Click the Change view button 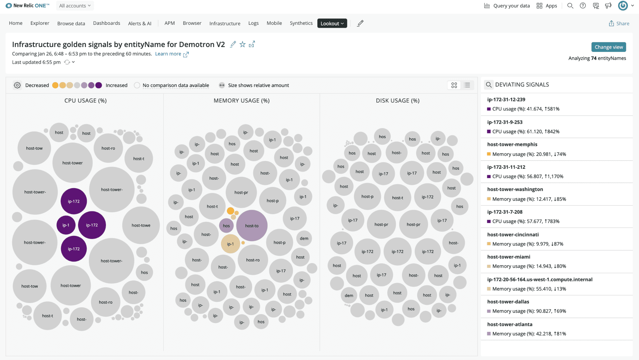pyautogui.click(x=608, y=47)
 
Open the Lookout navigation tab pyautogui.click(x=332, y=23)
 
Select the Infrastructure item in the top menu pyautogui.click(x=225, y=23)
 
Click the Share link pyautogui.click(x=619, y=23)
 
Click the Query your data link pyautogui.click(x=507, y=6)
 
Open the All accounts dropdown pyautogui.click(x=75, y=6)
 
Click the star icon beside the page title pyautogui.click(x=242, y=44)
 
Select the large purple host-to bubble pyautogui.click(x=252, y=226)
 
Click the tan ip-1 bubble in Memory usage pyautogui.click(x=230, y=244)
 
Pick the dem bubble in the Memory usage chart pyautogui.click(x=304, y=238)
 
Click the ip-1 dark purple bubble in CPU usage pyautogui.click(x=66, y=225)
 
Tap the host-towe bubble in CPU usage pyautogui.click(x=141, y=225)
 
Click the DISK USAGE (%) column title pyautogui.click(x=398, y=100)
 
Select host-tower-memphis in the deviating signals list pyautogui.click(x=512, y=144)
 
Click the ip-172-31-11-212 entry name pyautogui.click(x=506, y=167)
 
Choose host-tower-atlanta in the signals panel pyautogui.click(x=509, y=324)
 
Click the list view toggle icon pyautogui.click(x=467, y=85)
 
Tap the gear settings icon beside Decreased pyautogui.click(x=17, y=85)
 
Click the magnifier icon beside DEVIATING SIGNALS pyautogui.click(x=489, y=85)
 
